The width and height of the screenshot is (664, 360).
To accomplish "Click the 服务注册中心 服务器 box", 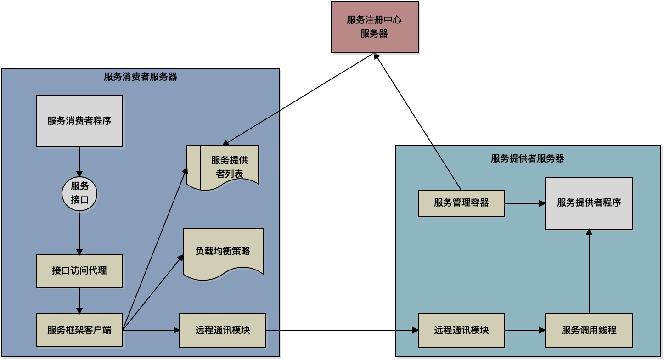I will tap(374, 27).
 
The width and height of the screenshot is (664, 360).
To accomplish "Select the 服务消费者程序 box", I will tap(79, 121).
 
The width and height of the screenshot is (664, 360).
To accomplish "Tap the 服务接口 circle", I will tap(79, 193).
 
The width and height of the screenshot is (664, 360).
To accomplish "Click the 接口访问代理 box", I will tap(79, 271).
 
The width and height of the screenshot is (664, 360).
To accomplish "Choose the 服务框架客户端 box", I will tap(79, 330).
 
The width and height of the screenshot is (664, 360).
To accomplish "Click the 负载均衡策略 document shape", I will tap(223, 252).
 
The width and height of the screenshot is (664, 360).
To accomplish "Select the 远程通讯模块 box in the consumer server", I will tap(223, 330).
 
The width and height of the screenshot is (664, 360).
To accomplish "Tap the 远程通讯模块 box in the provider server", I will tap(461, 330).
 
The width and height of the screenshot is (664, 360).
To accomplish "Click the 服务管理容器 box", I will tap(461, 203).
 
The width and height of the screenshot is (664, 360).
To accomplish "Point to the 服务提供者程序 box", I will tap(589, 203).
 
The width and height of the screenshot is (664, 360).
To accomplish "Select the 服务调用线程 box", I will tap(589, 330).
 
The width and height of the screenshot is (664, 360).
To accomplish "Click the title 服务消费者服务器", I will tap(141, 77).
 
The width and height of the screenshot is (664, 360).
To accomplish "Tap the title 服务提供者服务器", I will tap(528, 159).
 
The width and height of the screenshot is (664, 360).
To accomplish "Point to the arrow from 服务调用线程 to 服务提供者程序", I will tap(589, 271).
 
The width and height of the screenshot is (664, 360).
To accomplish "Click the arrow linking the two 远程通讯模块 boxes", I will tap(342, 330).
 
